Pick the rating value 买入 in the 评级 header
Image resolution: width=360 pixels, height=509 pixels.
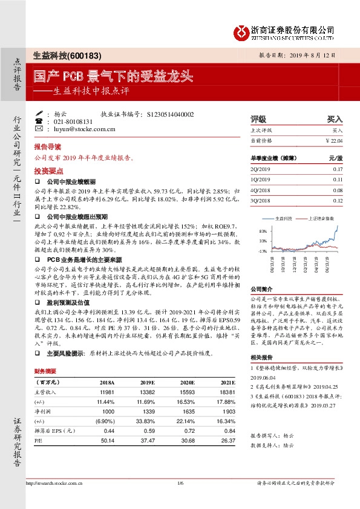(335, 119)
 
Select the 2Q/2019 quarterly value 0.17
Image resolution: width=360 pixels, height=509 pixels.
(338, 169)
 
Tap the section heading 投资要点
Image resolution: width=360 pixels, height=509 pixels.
(48, 171)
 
